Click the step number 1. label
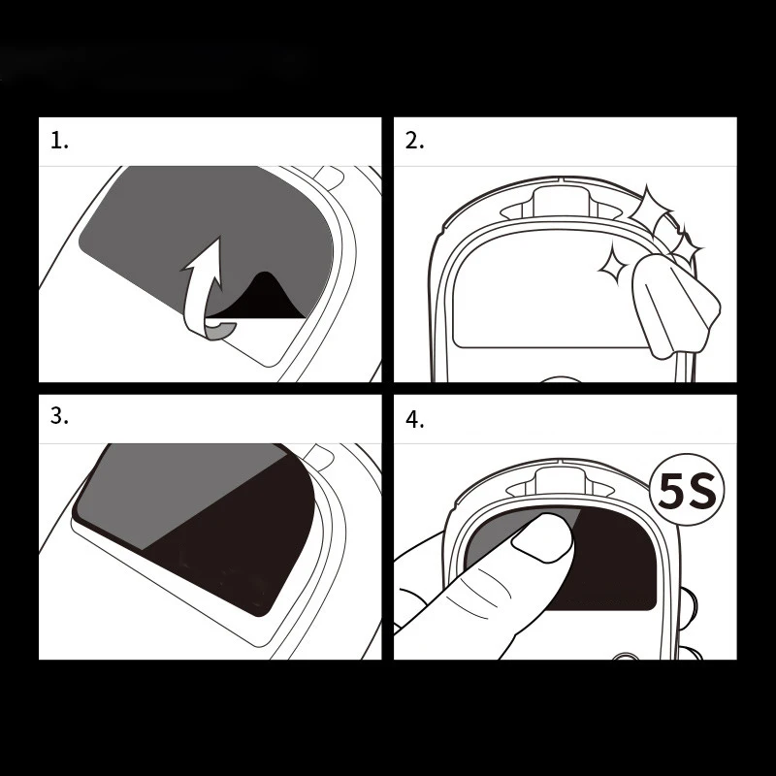(60, 141)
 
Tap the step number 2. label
(415, 141)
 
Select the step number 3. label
(60, 416)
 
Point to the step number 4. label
(415, 420)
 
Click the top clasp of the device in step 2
(563, 202)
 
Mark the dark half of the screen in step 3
(242, 543)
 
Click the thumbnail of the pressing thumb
(543, 536)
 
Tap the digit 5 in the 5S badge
(670, 493)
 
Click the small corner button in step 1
(328, 178)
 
